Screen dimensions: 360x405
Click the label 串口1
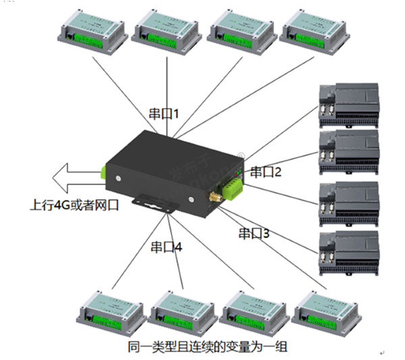coord(163,113)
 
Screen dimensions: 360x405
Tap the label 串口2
coord(265,172)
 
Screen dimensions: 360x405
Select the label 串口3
coord(254,234)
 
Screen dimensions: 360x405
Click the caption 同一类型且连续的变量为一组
coord(207,347)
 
